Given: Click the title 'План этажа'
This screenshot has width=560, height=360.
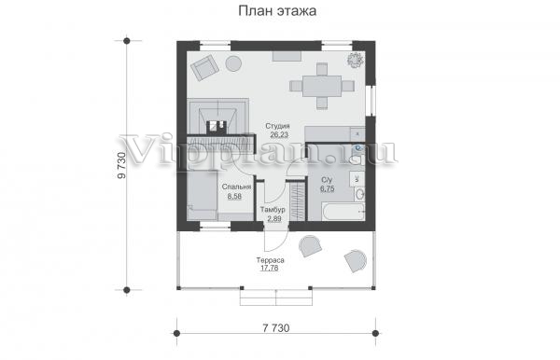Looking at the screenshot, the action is coord(277,10).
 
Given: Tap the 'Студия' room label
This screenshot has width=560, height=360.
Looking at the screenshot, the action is coord(277,126).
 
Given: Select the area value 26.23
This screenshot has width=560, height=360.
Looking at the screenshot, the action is coord(279,135).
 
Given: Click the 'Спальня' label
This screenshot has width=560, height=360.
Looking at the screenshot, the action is coord(236,187).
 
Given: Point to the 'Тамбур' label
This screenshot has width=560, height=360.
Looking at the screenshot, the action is coord(273,210).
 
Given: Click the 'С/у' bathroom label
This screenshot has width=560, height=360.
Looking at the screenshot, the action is coord(327,180).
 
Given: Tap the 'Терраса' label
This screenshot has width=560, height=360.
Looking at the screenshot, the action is coord(270,260).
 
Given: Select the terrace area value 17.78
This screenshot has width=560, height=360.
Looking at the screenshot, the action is coord(270,268).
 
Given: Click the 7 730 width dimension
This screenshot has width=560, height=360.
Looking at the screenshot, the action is coord(276,328).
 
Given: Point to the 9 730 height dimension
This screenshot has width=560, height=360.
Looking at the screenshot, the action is coord(121,165).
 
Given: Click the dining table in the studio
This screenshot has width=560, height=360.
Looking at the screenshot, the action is coord(322,86).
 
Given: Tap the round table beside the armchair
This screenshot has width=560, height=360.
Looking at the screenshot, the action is coord(233,63).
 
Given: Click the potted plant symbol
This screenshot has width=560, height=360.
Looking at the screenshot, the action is coord(356,60).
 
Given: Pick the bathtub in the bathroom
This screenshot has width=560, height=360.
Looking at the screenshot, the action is coord(343,212).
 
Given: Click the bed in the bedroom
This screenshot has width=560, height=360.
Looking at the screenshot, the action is coord(203,195).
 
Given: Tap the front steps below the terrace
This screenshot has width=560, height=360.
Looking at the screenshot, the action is coord(276,298).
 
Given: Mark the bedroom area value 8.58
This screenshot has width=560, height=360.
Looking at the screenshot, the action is coord(234,196).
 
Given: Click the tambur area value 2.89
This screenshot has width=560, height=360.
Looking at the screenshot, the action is coord(273,218).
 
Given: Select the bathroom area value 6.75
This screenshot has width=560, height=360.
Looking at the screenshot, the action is coord(328,188).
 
